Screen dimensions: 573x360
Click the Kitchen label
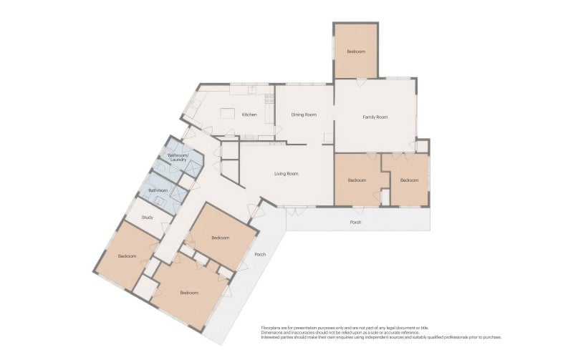[249, 115]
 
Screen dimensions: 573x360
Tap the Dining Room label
[304, 115]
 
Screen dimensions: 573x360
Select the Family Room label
[375, 117]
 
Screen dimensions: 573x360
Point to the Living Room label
[286, 174]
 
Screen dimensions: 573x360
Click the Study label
[148, 218]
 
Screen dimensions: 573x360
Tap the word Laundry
[178, 160]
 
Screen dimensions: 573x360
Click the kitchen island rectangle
[228, 113]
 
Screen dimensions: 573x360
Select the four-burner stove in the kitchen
[269, 98]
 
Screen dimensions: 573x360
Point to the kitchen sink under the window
[252, 89]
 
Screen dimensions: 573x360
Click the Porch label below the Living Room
[355, 223]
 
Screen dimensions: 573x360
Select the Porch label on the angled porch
[260, 255]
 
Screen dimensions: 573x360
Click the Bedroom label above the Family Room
[356, 52]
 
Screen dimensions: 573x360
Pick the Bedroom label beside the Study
[127, 256]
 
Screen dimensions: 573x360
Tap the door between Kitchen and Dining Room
[278, 130]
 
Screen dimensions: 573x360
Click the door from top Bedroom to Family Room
[361, 82]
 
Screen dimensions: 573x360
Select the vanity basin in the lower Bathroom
[160, 200]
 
